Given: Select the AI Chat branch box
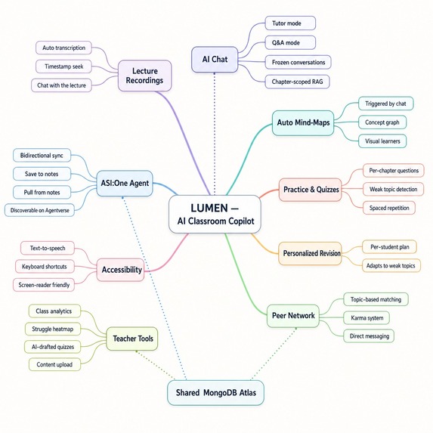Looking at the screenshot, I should (x=215, y=60).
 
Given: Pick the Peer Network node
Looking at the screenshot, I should (x=291, y=314).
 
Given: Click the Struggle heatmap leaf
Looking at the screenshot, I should (x=57, y=329).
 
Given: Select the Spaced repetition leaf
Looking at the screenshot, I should (x=389, y=207).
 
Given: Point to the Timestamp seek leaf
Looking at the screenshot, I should (x=63, y=66).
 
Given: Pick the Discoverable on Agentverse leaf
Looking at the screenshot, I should (x=41, y=209).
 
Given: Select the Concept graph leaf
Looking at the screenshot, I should (x=381, y=122).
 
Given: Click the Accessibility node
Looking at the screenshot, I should (x=121, y=269).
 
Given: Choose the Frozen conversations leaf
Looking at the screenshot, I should (x=299, y=61).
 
